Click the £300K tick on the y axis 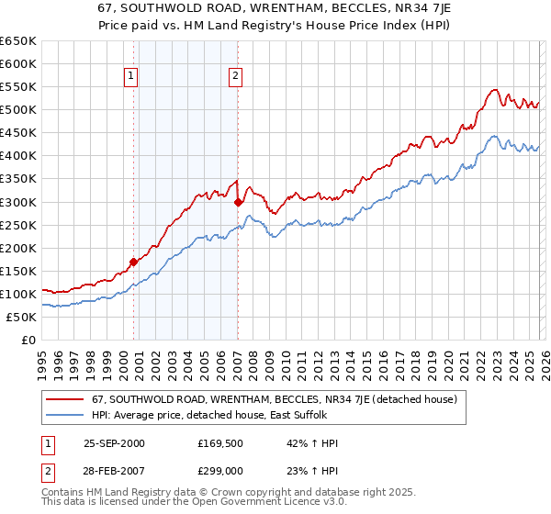[x=18, y=202]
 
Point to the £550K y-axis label [x=18, y=87]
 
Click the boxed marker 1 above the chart [x=132, y=77]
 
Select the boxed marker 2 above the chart [x=236, y=77]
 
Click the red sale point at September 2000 [x=134, y=262]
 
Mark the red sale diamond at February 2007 [x=238, y=202]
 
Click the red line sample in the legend [x=65, y=399]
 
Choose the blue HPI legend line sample [x=65, y=415]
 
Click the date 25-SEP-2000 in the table [x=115, y=443]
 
